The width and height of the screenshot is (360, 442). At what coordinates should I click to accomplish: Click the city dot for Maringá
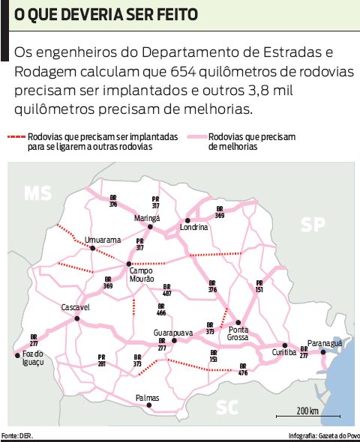150,226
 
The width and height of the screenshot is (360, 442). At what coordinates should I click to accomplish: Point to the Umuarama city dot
92,248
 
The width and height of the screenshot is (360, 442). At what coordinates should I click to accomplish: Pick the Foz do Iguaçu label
34,357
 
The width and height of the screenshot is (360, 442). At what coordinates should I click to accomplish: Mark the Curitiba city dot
284,345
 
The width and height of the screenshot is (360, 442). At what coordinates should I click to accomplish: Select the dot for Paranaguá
323,351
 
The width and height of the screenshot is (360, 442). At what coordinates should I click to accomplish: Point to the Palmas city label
148,398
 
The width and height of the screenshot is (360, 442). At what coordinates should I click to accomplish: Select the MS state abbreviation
37,193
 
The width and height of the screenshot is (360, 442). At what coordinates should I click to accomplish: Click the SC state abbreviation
226,407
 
